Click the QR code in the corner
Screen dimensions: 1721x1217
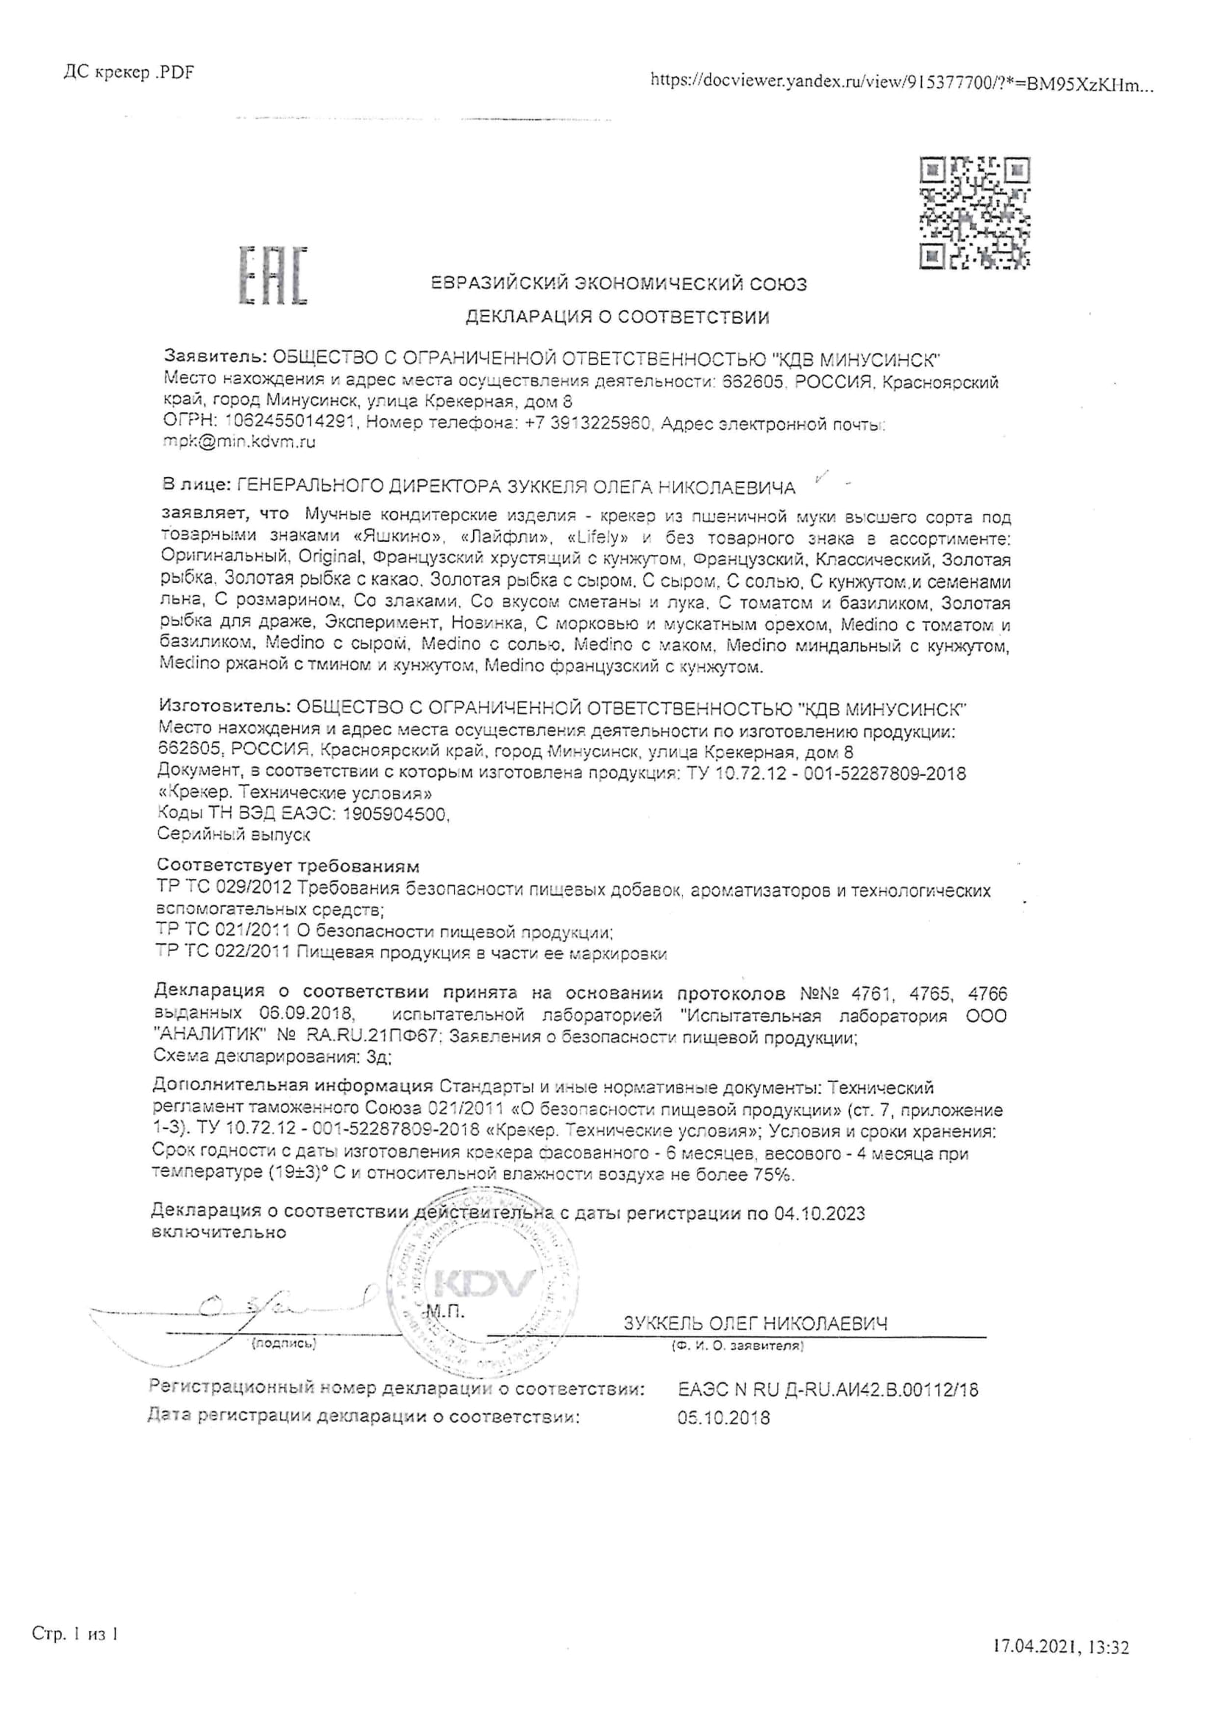[x=974, y=212]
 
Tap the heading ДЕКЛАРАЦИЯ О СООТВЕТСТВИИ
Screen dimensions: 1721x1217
[x=617, y=317]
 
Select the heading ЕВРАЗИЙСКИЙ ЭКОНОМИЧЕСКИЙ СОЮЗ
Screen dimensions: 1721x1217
[x=619, y=284]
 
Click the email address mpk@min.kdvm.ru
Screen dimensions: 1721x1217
[x=239, y=442]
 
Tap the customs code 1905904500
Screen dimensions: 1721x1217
[x=395, y=814]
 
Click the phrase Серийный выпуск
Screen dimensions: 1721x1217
[x=234, y=834]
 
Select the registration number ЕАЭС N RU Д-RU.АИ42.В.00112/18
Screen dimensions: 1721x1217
[x=828, y=1389]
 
